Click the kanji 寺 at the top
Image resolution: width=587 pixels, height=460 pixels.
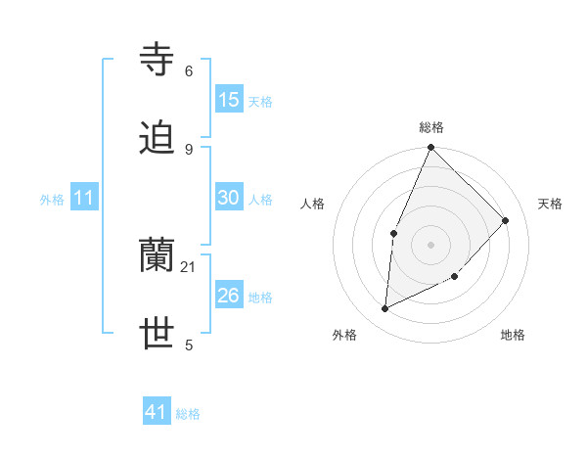158,60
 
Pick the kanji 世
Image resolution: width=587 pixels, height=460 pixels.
158,335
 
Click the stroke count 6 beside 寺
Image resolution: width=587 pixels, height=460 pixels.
189,71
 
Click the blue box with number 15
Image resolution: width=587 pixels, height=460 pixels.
229,100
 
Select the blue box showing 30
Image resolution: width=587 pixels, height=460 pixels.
229,198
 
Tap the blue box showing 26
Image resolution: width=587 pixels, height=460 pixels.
229,295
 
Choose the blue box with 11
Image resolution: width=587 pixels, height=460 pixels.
84,199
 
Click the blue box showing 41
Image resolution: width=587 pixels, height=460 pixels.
157,412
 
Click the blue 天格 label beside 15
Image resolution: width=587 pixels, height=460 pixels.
259,102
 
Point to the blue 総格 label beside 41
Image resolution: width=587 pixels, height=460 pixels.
188,414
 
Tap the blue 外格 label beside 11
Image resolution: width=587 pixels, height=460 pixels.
52,200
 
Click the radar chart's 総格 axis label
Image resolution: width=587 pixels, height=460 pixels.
431,127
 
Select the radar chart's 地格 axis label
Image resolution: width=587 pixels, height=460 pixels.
513,336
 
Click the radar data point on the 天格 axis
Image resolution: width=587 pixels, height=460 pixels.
506,220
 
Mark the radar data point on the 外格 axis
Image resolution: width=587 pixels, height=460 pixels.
385,309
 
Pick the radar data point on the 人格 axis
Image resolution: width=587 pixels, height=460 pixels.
393,233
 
